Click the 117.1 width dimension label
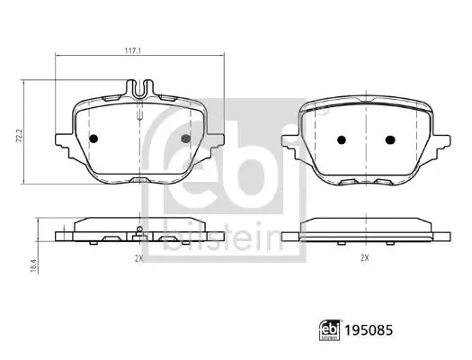click(x=133, y=51)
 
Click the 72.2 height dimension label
click(x=19, y=136)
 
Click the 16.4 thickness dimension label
click(x=33, y=266)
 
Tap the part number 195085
click(x=369, y=330)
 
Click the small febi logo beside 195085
click(x=330, y=330)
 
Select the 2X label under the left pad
click(x=138, y=258)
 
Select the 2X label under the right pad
click(x=365, y=258)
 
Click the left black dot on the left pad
click(x=94, y=139)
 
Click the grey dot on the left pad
click(x=186, y=139)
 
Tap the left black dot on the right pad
click(x=342, y=139)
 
